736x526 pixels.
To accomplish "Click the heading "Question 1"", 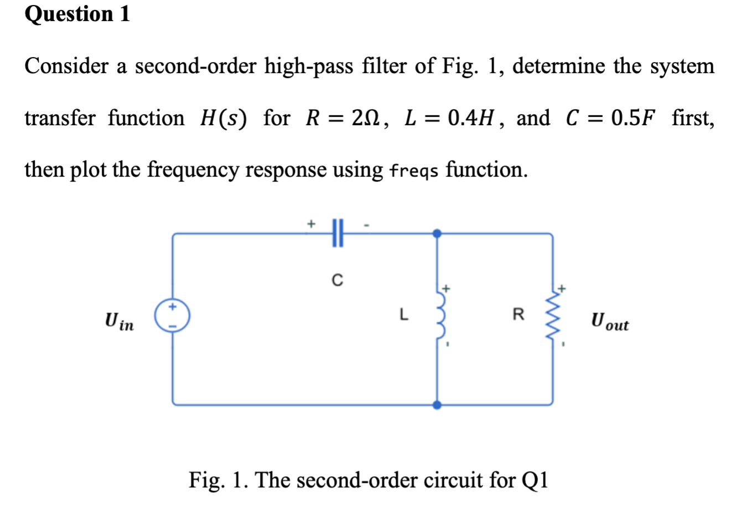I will tap(77, 14).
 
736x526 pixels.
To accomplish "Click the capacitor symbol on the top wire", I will tap(338, 233).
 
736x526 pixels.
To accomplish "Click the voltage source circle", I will tap(172, 316).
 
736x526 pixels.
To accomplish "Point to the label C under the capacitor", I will tap(337, 281).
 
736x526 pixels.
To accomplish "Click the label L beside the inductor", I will tap(404, 315).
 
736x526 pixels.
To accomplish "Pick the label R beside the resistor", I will tap(518, 315).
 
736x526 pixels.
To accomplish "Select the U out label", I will tap(609, 322).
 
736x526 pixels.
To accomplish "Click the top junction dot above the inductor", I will tap(437, 233).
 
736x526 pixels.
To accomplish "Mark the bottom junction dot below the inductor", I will tap(437, 405).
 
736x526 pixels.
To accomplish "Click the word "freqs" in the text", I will tap(414, 170).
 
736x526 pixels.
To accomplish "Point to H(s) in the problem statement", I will tap(224, 118).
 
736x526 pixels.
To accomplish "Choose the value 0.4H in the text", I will tap(470, 118).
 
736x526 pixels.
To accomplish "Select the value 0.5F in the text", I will tap(633, 118).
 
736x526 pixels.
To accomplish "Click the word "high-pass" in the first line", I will tap(308, 66).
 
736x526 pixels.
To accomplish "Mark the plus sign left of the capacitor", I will tap(311, 224).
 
